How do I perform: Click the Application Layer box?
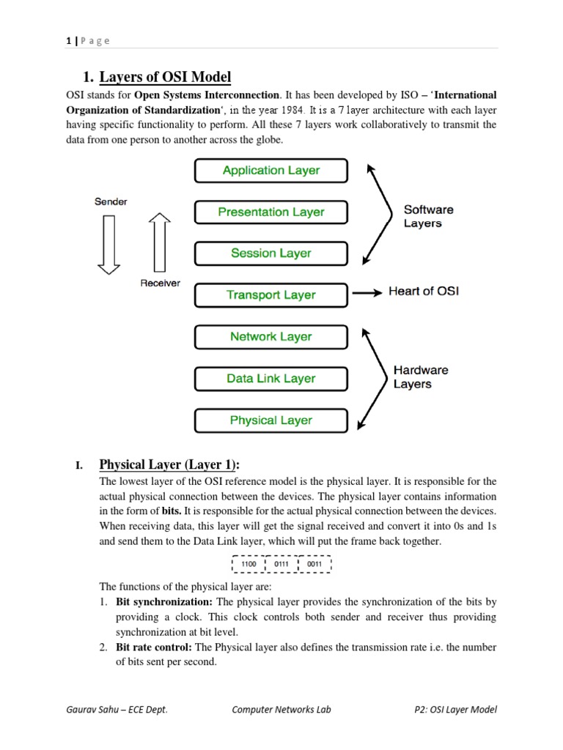click(271, 171)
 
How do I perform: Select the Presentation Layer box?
click(271, 212)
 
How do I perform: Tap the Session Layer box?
click(271, 253)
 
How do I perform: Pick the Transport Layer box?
click(271, 295)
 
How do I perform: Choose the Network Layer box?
click(271, 337)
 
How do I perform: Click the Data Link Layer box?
click(271, 379)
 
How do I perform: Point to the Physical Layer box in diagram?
click(271, 420)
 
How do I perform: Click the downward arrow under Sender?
click(109, 245)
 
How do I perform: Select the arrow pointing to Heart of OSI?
click(367, 292)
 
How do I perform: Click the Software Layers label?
click(428, 216)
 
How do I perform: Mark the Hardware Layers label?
click(420, 377)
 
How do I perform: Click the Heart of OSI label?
click(424, 292)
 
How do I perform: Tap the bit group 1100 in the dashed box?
click(249, 565)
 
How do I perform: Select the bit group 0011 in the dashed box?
click(314, 565)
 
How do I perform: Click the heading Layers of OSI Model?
click(164, 76)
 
